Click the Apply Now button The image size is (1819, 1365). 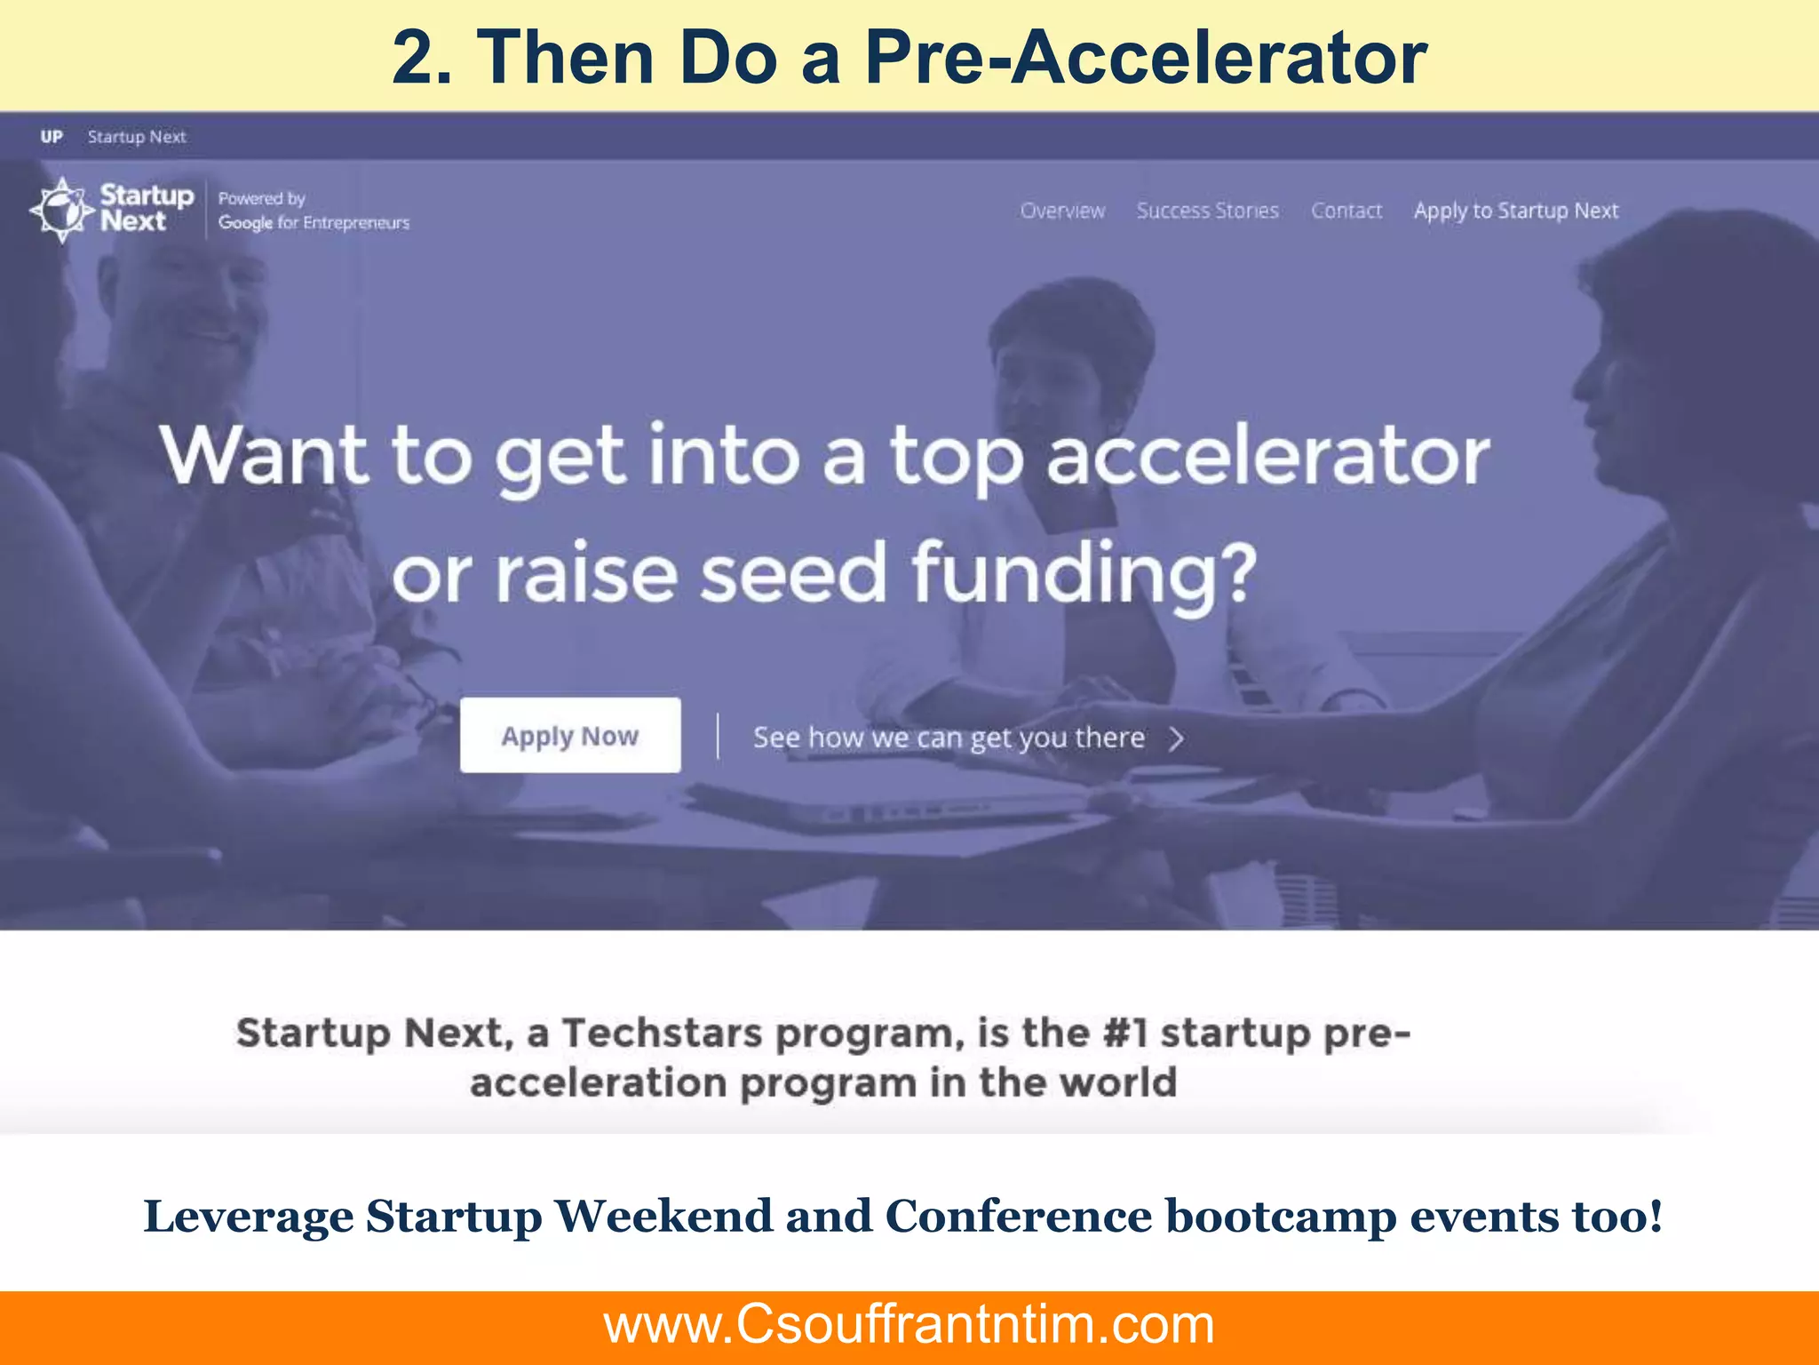(x=570, y=735)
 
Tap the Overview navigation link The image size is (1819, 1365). (x=1062, y=211)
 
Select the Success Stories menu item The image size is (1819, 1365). (x=1207, y=211)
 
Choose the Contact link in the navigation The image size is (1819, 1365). (x=1346, y=211)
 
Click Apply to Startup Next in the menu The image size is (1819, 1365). (x=1516, y=211)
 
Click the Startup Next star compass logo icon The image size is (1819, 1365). (x=61, y=210)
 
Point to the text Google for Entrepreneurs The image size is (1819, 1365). (x=314, y=222)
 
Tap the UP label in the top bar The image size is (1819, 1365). (x=52, y=136)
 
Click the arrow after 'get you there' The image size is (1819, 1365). (x=1177, y=738)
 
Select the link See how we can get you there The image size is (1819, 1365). (x=949, y=738)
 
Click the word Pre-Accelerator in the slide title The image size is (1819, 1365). (x=1146, y=58)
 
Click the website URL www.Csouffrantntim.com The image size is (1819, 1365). (x=909, y=1324)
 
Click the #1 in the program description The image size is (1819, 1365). (x=1125, y=1033)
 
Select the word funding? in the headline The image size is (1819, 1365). (x=1084, y=573)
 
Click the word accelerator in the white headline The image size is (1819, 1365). (x=1267, y=456)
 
